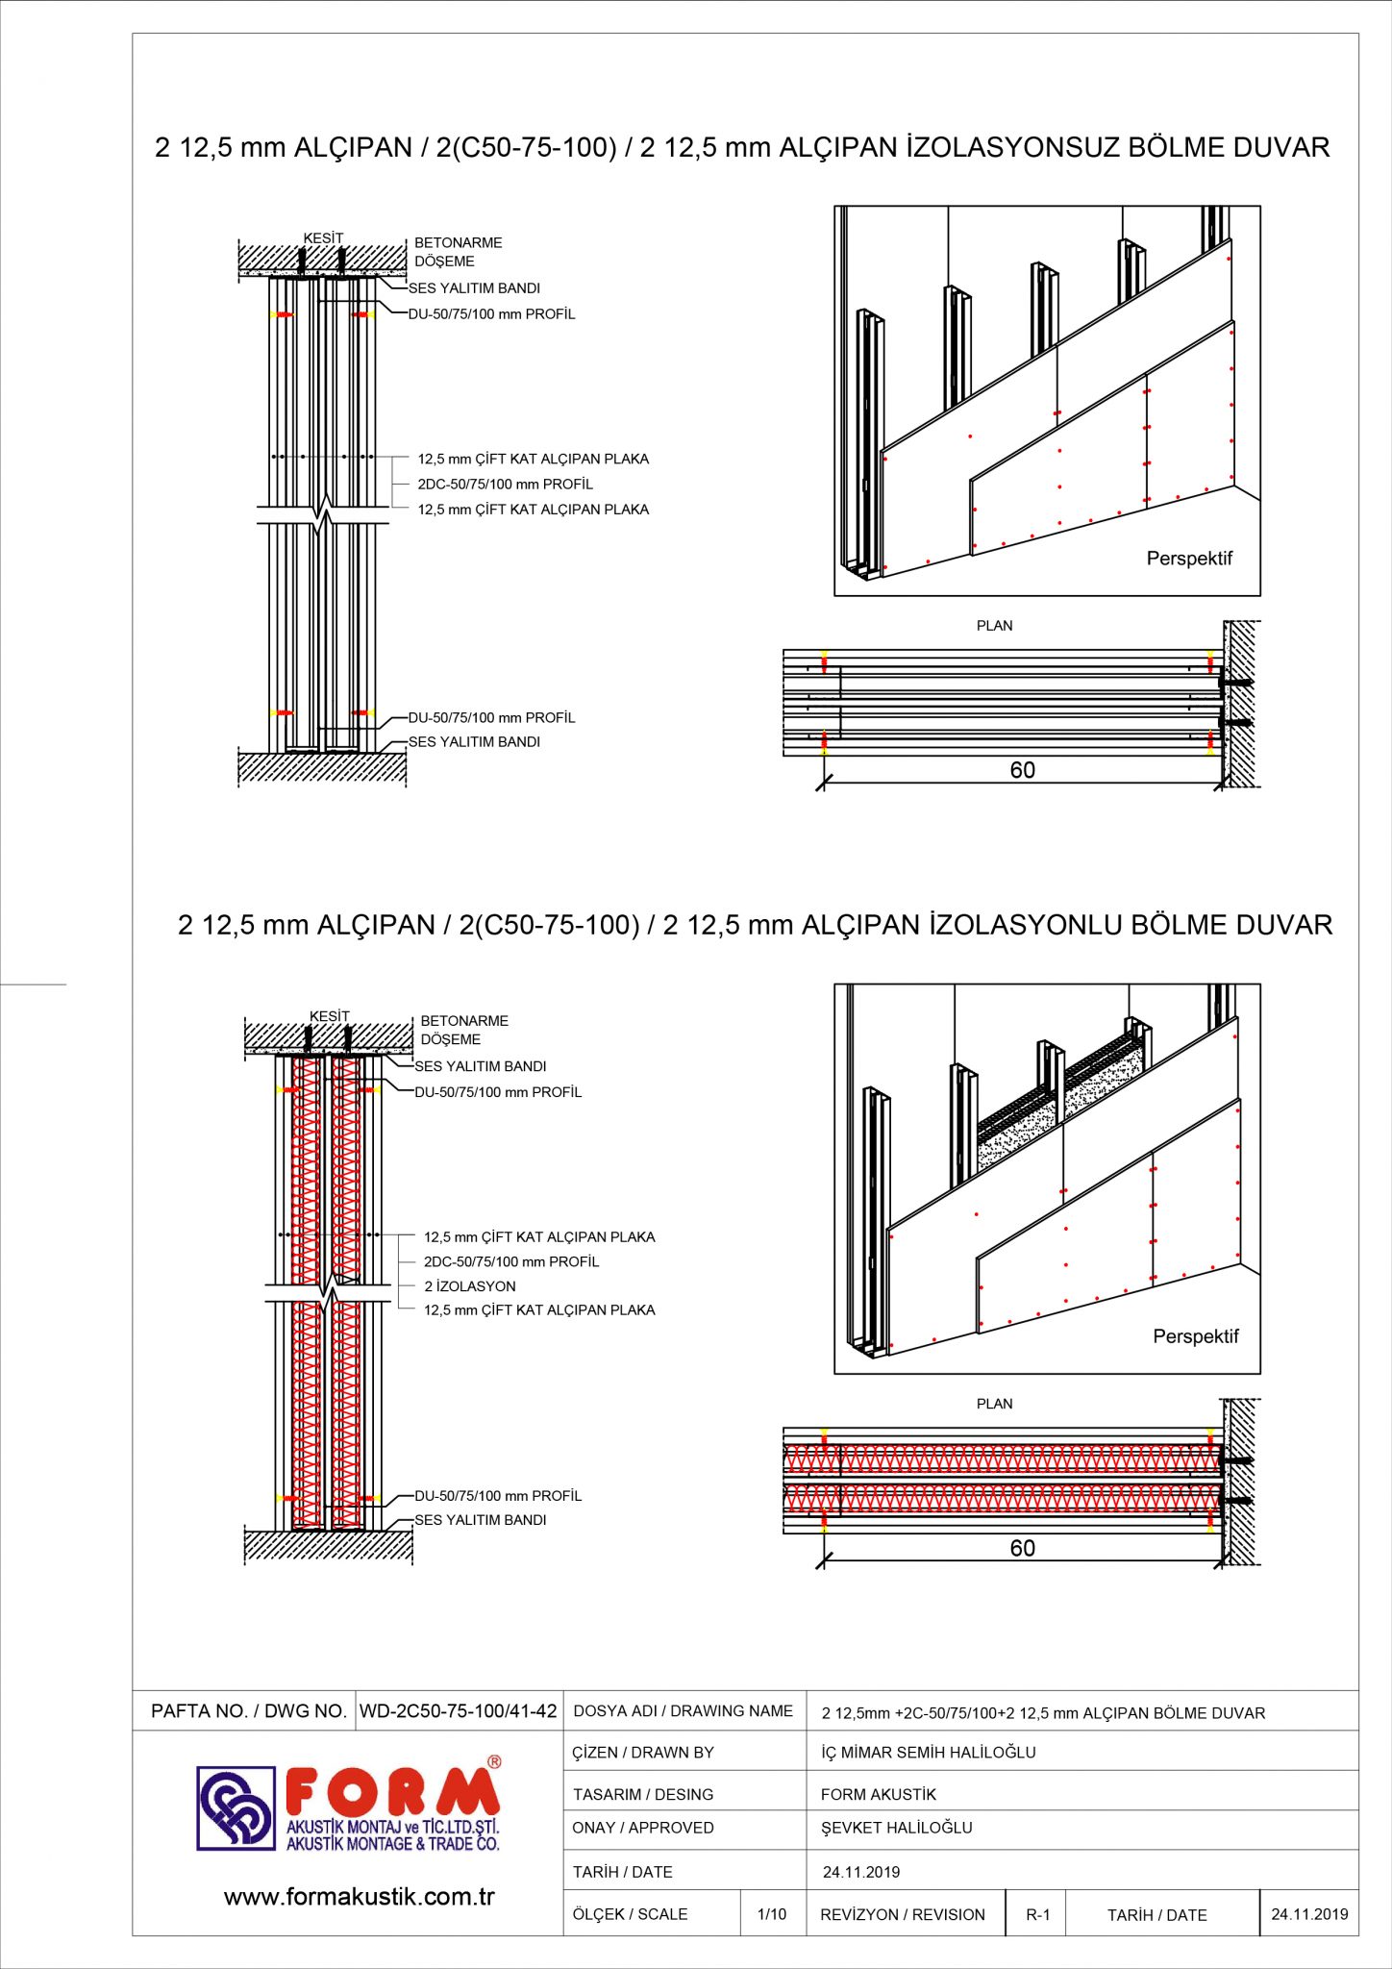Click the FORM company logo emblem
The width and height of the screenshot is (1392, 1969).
(x=236, y=1807)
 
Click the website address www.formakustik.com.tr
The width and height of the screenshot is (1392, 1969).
(x=359, y=1897)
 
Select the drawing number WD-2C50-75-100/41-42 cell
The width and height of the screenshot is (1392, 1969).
(x=458, y=1711)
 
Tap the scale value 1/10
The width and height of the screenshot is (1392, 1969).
(x=771, y=1914)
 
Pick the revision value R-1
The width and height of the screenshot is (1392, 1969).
(x=1037, y=1914)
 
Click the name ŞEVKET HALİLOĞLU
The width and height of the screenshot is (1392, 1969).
(x=896, y=1828)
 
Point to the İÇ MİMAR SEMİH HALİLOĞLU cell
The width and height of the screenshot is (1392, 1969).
(x=928, y=1753)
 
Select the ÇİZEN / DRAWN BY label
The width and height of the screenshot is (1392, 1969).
(x=643, y=1753)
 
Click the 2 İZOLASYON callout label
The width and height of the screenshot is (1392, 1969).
(x=470, y=1286)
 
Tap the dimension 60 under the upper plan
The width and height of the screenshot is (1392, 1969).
(x=1022, y=770)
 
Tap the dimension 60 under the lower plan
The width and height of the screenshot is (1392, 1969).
(x=1022, y=1548)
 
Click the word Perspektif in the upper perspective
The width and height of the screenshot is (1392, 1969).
(x=1189, y=559)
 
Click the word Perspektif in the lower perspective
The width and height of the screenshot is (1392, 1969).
(x=1196, y=1336)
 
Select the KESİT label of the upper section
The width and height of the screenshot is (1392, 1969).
(x=323, y=238)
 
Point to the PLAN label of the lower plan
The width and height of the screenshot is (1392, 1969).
(x=994, y=1404)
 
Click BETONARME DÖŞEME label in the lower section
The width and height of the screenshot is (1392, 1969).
(x=464, y=1030)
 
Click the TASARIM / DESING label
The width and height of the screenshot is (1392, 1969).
(x=643, y=1794)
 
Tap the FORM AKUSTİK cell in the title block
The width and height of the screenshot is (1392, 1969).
(x=878, y=1794)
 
